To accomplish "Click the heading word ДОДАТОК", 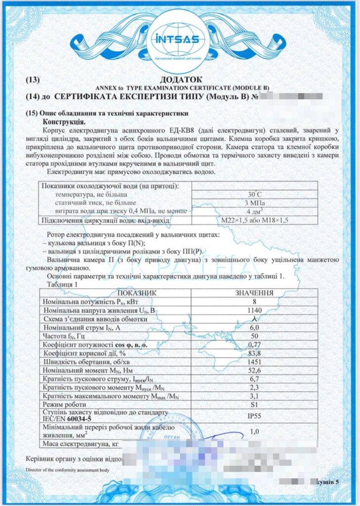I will [180, 79].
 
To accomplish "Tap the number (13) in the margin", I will [34, 79].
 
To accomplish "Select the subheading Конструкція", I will [64, 121].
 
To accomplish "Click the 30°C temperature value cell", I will [254, 194].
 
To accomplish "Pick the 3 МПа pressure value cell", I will [254, 203].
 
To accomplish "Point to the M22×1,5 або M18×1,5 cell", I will [254, 220].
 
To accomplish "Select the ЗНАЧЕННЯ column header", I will [254, 293].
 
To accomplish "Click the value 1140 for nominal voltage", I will [254, 310].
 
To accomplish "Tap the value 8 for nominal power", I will [254, 301].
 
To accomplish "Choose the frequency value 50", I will [254, 336].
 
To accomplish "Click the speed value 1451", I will [254, 361].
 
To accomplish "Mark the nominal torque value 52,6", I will [254, 370].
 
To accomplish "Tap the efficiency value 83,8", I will [254, 353].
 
